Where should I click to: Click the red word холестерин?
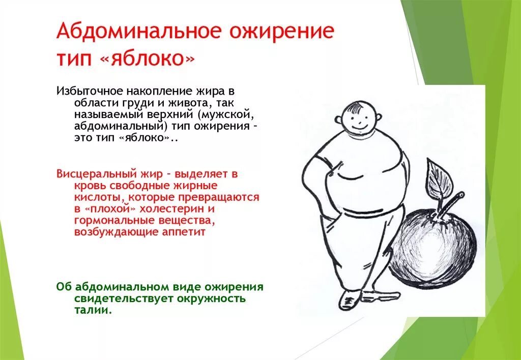[168, 209]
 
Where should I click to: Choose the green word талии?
[92, 310]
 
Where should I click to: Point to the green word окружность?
[211, 298]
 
